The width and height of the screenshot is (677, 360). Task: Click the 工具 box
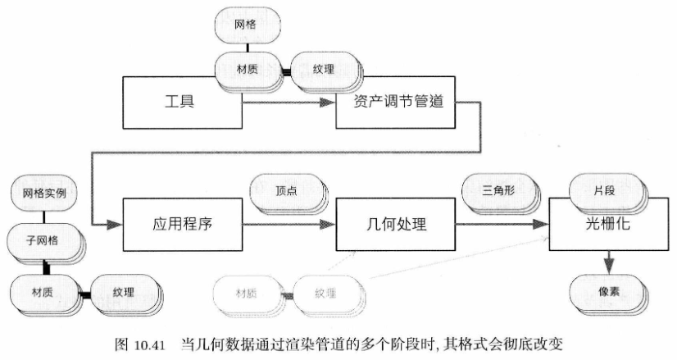tap(182, 104)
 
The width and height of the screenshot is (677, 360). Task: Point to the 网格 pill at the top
tap(245, 25)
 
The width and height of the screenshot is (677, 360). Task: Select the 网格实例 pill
tap(44, 195)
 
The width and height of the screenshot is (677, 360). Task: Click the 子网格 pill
tap(44, 241)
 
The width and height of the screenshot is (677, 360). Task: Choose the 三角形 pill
tap(496, 190)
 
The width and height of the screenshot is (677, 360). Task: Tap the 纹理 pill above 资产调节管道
tap(320, 68)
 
